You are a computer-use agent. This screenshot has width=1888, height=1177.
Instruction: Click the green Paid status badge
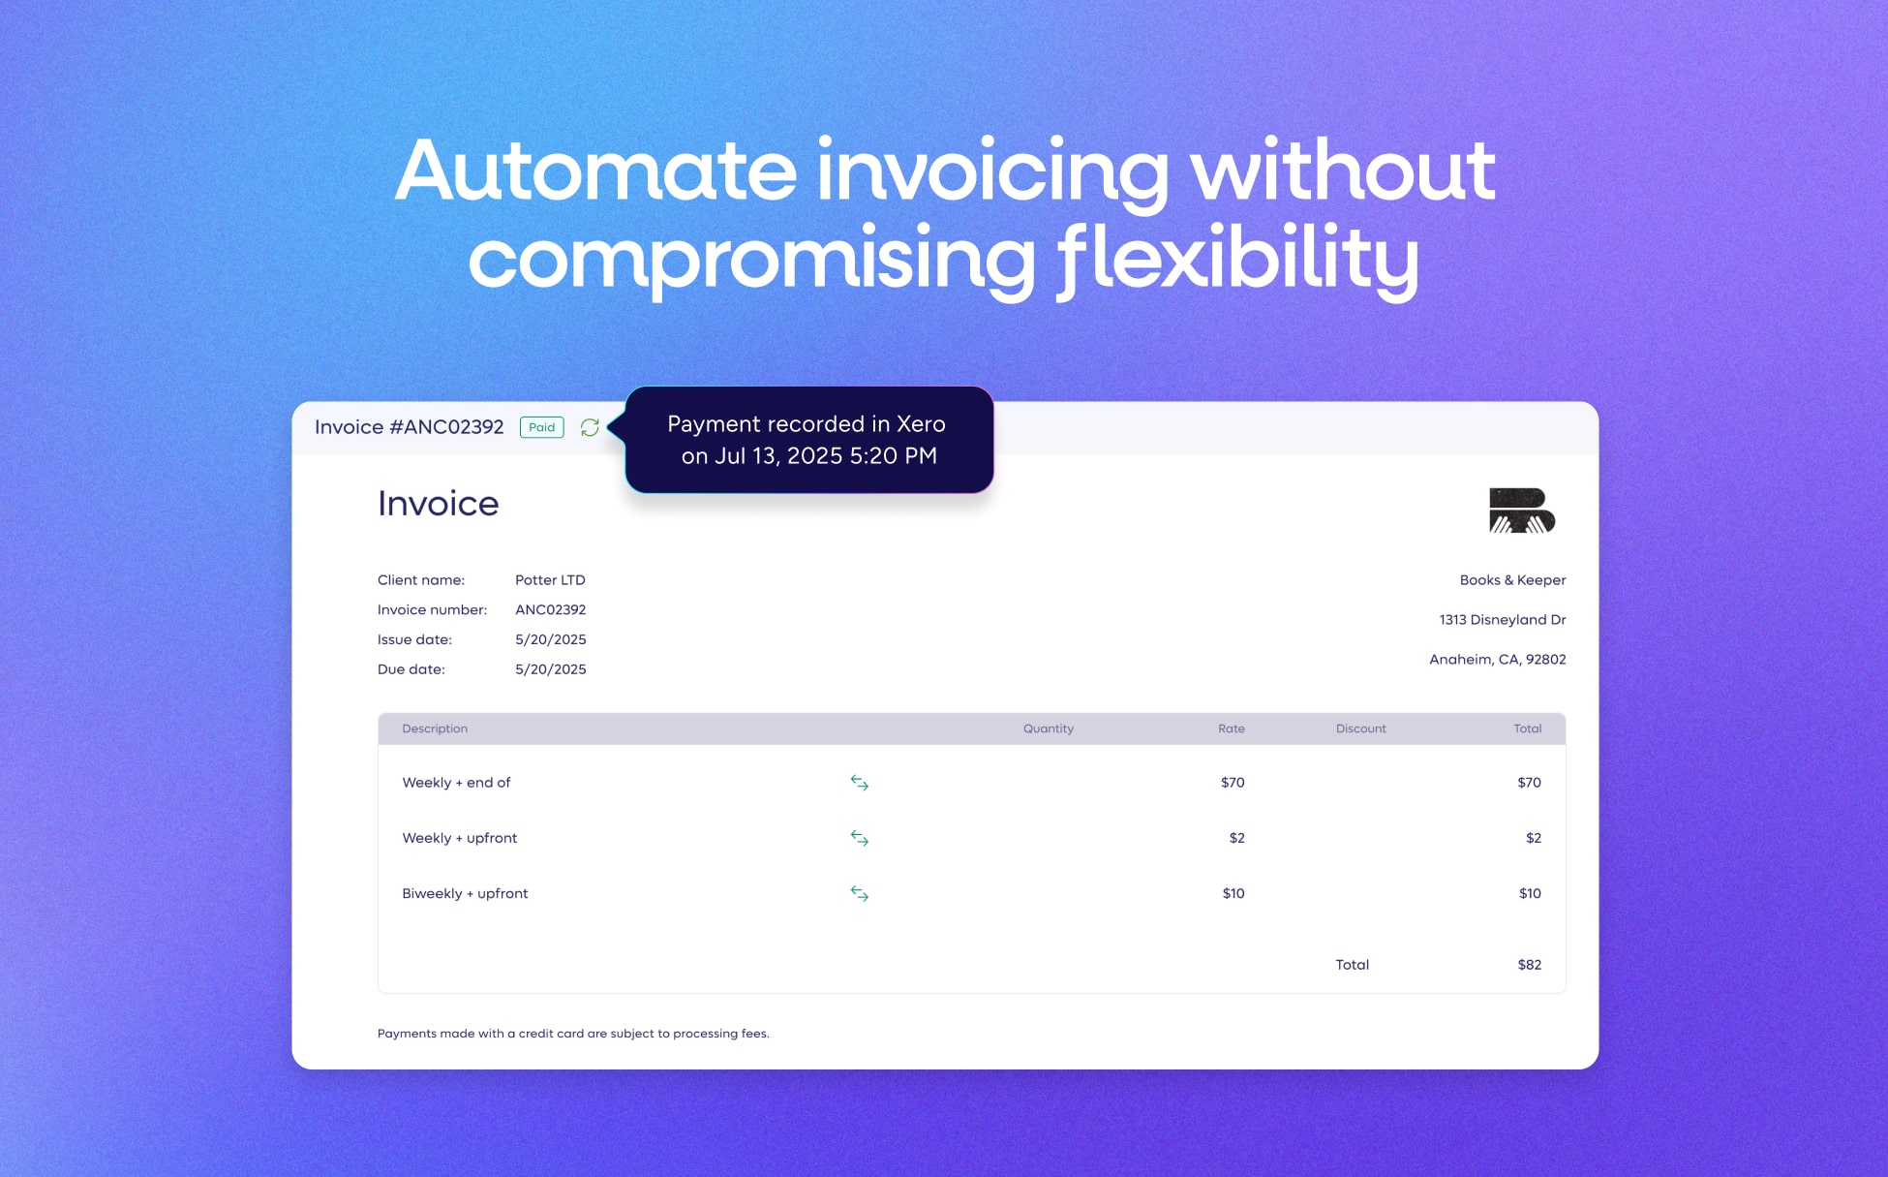tap(541, 427)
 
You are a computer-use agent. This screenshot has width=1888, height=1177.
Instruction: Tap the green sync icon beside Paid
tap(590, 427)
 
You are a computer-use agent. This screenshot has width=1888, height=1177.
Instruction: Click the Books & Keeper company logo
tap(1521, 511)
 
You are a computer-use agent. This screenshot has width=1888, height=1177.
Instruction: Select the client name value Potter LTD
tap(550, 580)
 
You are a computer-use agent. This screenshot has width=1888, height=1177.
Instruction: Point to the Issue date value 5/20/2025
tap(550, 639)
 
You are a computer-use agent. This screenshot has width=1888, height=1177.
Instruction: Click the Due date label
tap(411, 669)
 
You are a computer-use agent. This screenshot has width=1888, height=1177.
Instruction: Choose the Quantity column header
tap(1048, 728)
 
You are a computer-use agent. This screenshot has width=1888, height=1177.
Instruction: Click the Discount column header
tap(1360, 728)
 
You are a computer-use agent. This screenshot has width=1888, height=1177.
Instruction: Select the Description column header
tap(435, 728)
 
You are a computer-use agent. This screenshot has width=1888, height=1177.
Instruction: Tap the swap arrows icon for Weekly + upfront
tap(859, 838)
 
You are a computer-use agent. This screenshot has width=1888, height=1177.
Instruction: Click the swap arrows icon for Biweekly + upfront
tap(859, 893)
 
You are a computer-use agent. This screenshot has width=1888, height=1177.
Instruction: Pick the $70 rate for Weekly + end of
tap(1232, 783)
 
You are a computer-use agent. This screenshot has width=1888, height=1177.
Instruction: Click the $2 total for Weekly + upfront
tap(1533, 838)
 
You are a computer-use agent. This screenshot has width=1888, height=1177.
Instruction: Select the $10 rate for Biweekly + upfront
tap(1233, 893)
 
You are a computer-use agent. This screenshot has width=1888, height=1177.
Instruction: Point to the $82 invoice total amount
tap(1529, 965)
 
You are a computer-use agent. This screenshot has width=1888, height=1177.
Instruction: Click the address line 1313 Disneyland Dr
tap(1502, 620)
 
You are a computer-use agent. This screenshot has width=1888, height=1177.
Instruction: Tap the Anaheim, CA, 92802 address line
tap(1497, 660)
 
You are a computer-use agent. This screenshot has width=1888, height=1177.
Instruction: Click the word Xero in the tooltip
tap(920, 424)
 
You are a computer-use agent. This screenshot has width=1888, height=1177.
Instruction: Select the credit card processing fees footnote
tap(573, 1034)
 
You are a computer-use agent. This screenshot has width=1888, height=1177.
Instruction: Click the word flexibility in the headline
tap(1236, 260)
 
